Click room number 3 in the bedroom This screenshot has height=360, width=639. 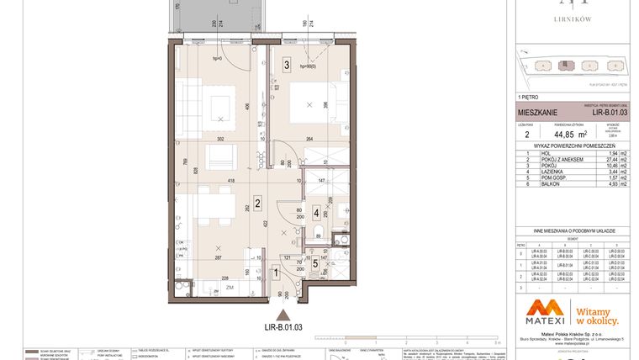click(x=287, y=64)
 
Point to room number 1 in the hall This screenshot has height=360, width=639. click(x=277, y=271)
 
